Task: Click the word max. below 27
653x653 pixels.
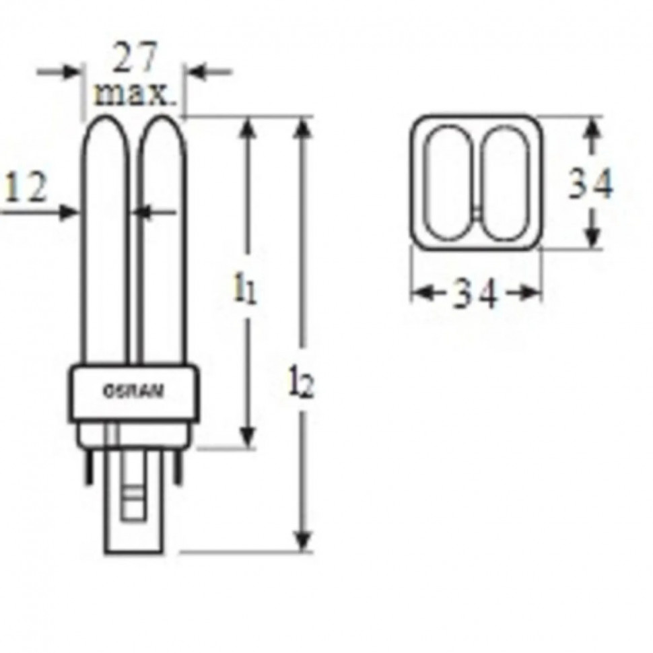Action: [135, 94]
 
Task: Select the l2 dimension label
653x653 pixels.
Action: [302, 384]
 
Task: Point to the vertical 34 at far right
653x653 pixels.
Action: [590, 183]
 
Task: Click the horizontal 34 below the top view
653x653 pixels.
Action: [475, 294]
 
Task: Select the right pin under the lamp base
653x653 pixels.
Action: [178, 468]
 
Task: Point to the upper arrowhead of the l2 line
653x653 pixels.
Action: [305, 128]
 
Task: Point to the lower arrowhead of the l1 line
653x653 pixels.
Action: [248, 438]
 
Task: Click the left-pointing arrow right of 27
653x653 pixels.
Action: [199, 71]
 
